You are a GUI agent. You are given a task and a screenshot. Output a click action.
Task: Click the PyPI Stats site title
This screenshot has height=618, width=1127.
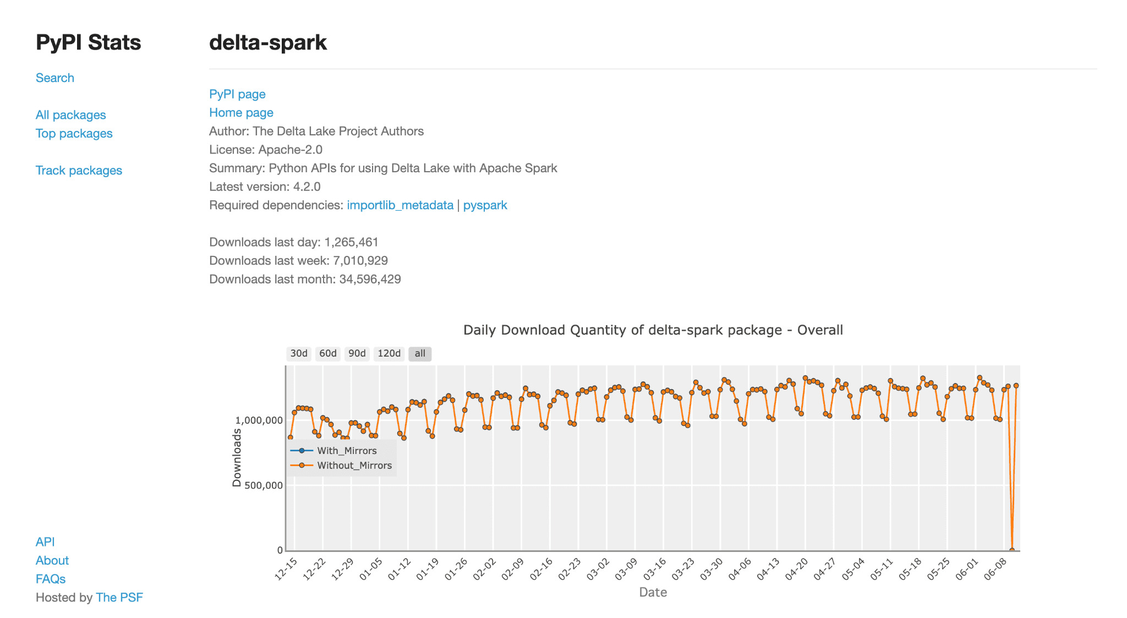tap(88, 42)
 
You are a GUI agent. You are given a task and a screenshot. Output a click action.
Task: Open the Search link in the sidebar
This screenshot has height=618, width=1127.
tap(55, 78)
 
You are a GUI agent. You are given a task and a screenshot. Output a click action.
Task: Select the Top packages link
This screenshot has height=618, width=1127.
tap(74, 133)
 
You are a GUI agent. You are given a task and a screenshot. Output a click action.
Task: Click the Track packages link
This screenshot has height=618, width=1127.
tap(79, 170)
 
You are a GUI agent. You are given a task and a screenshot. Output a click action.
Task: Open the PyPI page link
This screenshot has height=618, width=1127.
tap(237, 94)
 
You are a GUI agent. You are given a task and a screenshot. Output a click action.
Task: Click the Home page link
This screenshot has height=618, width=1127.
tap(241, 112)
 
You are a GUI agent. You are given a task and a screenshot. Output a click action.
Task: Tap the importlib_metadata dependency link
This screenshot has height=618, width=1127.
tap(400, 205)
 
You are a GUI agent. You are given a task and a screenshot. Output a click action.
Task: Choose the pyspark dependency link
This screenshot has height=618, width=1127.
tap(485, 205)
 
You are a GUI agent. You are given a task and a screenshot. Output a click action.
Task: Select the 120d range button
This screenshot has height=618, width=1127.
tap(389, 353)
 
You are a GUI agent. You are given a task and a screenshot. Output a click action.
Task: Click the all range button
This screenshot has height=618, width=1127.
tap(420, 353)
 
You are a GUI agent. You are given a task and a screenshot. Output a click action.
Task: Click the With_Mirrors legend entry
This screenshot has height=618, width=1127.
tap(334, 451)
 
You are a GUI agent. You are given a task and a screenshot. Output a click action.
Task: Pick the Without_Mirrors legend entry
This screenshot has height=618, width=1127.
tap(341, 466)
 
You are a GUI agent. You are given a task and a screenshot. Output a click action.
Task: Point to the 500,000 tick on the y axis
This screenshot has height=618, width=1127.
tap(259, 485)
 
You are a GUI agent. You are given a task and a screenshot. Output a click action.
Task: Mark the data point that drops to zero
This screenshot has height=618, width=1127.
tap(1012, 550)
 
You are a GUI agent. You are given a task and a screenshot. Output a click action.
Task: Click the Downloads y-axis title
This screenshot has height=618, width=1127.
tap(237, 458)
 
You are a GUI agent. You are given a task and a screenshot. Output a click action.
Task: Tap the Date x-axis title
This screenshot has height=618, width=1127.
tap(653, 592)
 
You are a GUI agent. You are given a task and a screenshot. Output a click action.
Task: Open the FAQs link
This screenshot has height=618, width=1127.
tap(51, 579)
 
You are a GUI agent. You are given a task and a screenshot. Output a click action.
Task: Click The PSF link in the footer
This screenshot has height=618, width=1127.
tap(119, 597)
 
